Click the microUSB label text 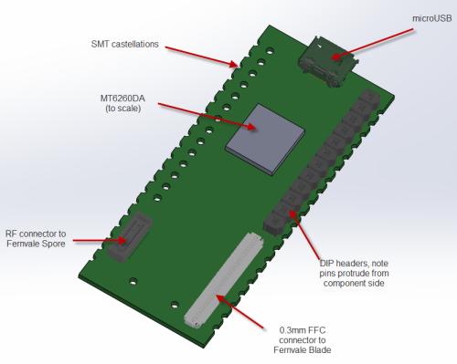click(x=432, y=18)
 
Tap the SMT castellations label click(x=125, y=44)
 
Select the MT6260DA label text click(x=122, y=99)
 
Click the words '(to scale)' click(x=123, y=109)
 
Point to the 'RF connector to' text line click(x=36, y=234)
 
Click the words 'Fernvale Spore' click(x=36, y=244)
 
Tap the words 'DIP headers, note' click(x=354, y=264)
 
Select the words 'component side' click(x=354, y=283)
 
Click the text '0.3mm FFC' click(x=303, y=330)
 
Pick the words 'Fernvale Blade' click(x=303, y=350)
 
